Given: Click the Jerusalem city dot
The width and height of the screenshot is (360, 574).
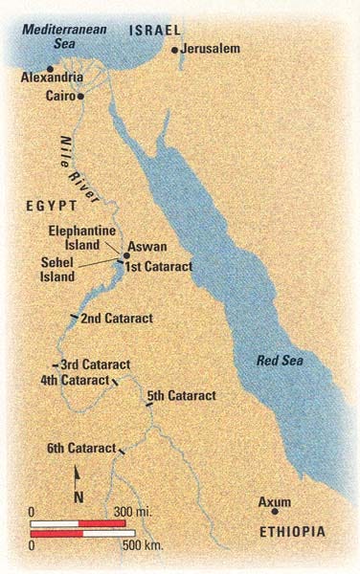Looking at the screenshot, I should pyautogui.click(x=174, y=50).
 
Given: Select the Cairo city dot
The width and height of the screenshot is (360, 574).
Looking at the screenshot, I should pyautogui.click(x=81, y=97).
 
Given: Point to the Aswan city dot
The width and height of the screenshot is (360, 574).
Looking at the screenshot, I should pyautogui.click(x=124, y=255).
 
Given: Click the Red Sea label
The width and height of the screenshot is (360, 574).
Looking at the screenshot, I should pyautogui.click(x=280, y=361).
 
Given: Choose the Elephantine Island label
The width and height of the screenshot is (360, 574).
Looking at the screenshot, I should pyautogui.click(x=84, y=237).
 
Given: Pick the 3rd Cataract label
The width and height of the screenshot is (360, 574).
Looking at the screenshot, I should pyautogui.click(x=95, y=365).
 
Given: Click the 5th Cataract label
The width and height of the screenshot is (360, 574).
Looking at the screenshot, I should pyautogui.click(x=182, y=395).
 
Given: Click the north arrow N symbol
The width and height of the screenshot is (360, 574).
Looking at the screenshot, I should pyautogui.click(x=79, y=495).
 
